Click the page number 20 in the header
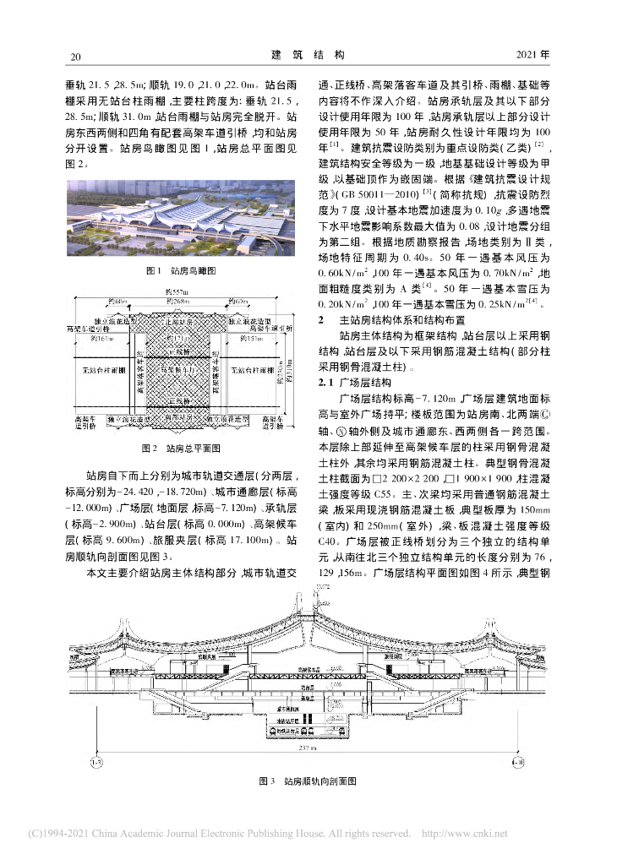click(x=75, y=57)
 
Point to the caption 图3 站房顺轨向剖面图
click(x=308, y=784)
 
